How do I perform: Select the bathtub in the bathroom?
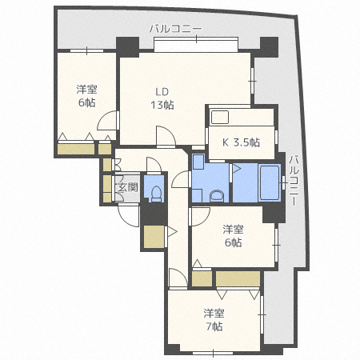click(x=267, y=186)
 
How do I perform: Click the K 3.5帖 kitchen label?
click(x=240, y=143)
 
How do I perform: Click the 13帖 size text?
click(x=162, y=105)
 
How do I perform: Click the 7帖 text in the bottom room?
click(x=213, y=326)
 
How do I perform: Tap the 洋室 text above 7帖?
click(x=213, y=313)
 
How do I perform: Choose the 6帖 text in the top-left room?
click(x=86, y=103)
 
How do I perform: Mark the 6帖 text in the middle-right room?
click(x=232, y=243)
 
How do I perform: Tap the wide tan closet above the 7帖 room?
click(x=238, y=279)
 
